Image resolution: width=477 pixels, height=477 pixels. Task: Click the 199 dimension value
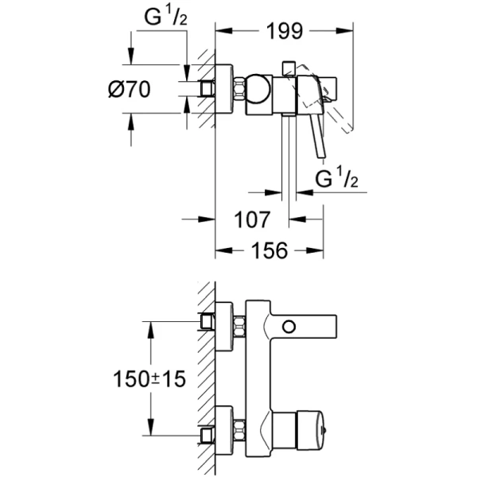pyautogui.click(x=283, y=31)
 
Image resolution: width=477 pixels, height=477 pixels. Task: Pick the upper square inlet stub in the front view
pyautogui.click(x=208, y=321)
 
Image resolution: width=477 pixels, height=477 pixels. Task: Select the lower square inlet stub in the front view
pyautogui.click(x=208, y=436)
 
